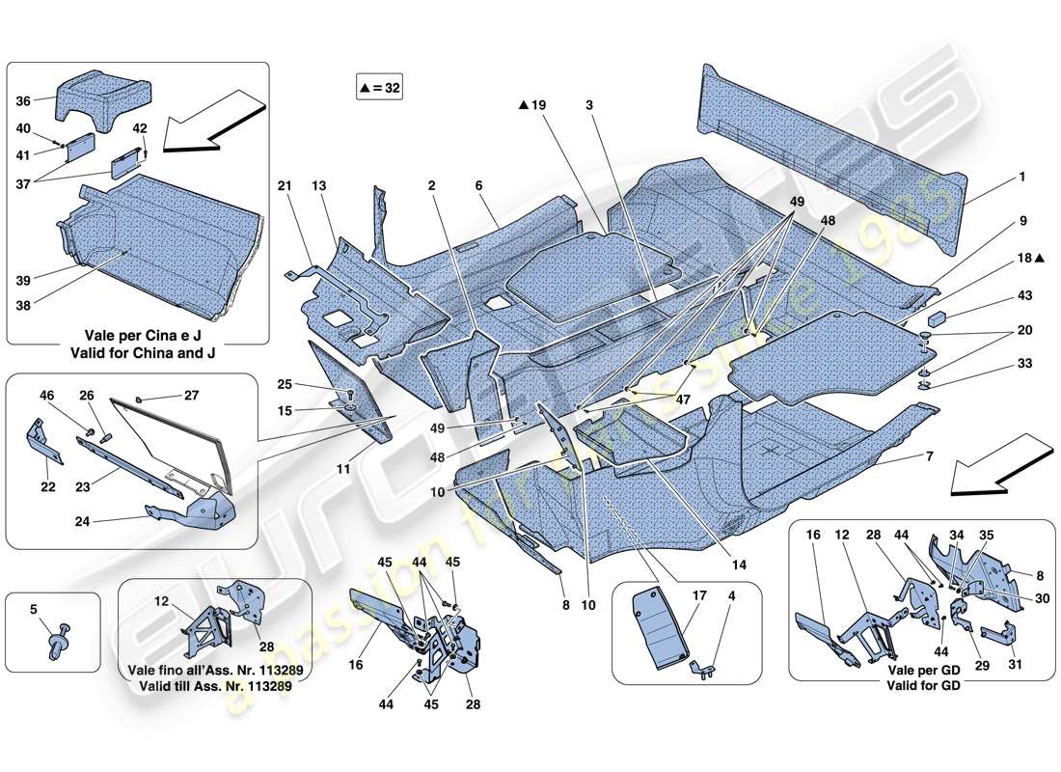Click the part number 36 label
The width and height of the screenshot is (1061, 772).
coord(23,99)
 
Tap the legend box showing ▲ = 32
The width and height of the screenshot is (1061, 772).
coord(378,88)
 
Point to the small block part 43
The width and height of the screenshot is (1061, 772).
coord(939,318)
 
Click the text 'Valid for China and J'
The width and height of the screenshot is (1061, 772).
coord(143,353)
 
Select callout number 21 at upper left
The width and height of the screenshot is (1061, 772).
coord(284,186)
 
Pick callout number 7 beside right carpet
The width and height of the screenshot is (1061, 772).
coord(929,455)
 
